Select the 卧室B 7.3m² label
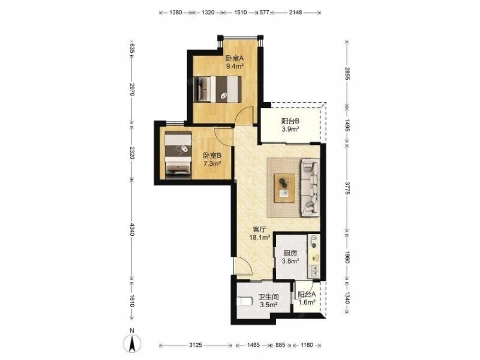[213, 160]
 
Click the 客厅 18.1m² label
[260, 233]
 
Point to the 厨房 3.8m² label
[290, 257]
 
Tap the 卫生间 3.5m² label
[268, 300]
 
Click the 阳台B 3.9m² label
[290, 125]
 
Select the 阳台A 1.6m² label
[307, 299]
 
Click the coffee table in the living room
[284, 188]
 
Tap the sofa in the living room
[310, 187]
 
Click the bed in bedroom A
[217, 89]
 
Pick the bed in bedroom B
[178, 155]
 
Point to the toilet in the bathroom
[244, 301]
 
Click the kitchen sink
[314, 270]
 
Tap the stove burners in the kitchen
[314, 241]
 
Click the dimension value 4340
[132, 229]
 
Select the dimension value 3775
[347, 188]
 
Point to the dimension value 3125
[195, 345]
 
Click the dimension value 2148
[295, 12]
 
